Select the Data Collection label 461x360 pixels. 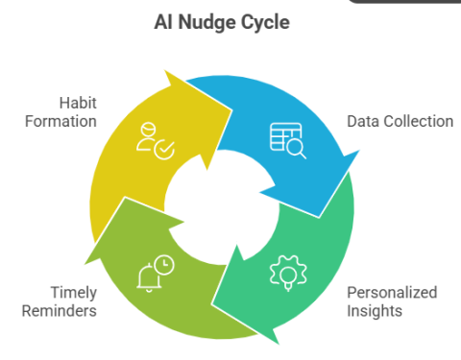coord(399,122)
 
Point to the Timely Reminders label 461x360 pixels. coord(57,301)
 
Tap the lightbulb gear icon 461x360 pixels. coord(288,271)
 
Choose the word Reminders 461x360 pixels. coord(57,311)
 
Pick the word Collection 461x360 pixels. coord(418,122)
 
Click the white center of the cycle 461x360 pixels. coord(223,204)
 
